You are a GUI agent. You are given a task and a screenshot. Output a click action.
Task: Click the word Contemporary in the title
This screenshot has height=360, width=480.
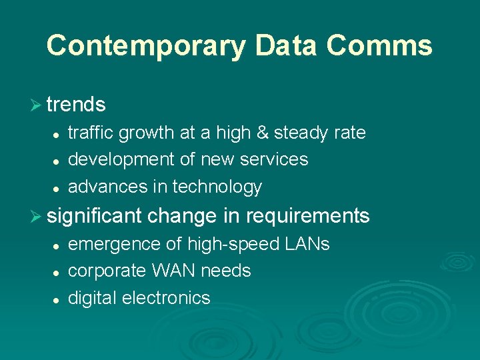[x=147, y=46]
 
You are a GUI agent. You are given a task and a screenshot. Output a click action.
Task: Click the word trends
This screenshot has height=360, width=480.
[x=77, y=105]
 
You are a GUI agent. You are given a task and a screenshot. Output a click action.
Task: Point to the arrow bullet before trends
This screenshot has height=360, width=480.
[x=37, y=105]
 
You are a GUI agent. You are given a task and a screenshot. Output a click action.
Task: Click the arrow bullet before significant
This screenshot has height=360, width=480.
[x=37, y=216]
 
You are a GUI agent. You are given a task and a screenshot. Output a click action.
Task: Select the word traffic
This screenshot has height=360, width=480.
[x=91, y=133]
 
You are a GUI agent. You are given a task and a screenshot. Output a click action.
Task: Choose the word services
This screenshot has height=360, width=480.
[x=275, y=159]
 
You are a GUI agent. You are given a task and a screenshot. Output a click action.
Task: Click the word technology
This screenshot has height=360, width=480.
[x=217, y=187]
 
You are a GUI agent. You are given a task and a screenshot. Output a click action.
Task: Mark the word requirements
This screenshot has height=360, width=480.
[x=308, y=216]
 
